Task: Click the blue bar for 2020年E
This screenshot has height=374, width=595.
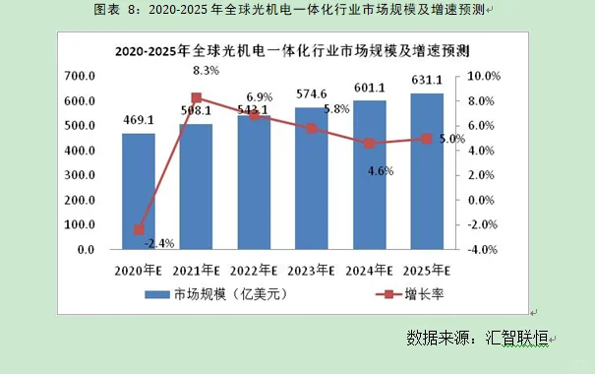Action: point(139,191)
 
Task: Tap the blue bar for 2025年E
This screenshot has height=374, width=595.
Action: point(426,171)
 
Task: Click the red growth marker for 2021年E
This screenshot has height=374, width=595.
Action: point(196,97)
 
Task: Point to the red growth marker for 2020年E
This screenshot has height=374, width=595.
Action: point(139,230)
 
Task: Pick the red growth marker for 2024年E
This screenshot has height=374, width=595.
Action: point(369,144)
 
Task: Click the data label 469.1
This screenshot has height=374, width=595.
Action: point(139,121)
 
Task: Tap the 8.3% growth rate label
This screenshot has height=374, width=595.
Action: point(206,70)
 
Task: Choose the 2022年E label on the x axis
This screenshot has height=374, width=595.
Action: point(253,271)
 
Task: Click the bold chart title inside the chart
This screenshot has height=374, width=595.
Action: point(290,48)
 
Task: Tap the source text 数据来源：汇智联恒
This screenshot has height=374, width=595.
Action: point(480,337)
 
